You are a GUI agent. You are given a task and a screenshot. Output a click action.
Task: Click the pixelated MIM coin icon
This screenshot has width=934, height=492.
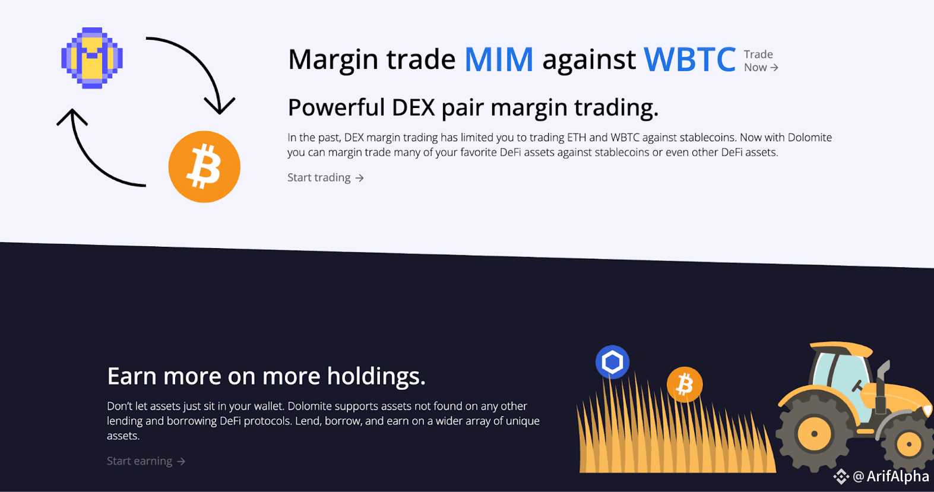[92, 58]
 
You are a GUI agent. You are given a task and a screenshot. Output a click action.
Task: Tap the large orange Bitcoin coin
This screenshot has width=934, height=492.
[204, 167]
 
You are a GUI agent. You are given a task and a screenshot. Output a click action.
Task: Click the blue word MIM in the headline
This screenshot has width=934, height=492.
[499, 59]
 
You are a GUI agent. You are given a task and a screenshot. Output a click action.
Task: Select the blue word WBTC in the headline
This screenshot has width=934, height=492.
[689, 59]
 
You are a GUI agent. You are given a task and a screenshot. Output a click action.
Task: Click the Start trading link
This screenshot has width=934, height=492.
[325, 178]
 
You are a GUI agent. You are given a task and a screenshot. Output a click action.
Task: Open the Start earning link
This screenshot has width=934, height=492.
[146, 461]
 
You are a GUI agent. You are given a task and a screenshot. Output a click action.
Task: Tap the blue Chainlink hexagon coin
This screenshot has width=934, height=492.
[612, 361]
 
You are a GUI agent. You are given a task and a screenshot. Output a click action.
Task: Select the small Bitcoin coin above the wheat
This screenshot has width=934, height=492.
[685, 385]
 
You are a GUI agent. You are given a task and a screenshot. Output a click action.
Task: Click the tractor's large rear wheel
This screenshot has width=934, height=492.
[813, 434]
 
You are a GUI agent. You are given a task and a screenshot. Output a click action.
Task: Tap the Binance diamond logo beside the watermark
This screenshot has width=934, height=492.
[841, 477]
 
